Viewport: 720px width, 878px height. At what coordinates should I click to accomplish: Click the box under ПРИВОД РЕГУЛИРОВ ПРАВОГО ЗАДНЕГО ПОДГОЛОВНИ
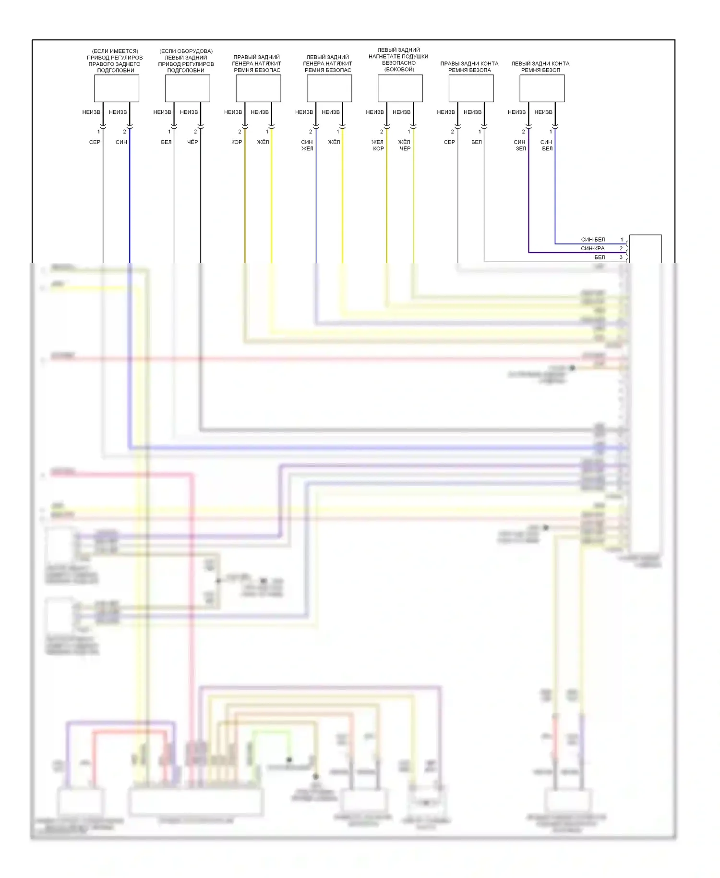(117, 88)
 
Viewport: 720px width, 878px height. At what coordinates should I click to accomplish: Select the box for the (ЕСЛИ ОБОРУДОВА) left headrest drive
(188, 88)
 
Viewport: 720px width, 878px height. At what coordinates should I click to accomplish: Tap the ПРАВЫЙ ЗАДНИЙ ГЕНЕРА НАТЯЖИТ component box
(258, 88)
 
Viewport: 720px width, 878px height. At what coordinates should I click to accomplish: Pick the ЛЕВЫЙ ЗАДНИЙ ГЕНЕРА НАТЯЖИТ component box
(329, 88)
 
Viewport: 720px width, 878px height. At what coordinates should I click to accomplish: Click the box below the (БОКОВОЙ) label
(400, 88)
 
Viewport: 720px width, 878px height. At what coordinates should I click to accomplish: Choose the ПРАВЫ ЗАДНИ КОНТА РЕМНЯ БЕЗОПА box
(471, 88)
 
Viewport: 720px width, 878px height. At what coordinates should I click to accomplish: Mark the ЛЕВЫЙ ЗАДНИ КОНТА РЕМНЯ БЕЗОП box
(542, 88)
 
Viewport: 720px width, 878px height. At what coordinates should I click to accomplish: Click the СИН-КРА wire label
(593, 248)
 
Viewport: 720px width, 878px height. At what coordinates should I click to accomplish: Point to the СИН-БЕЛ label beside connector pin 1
(593, 240)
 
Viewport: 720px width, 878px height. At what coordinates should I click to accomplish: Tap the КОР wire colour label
(237, 142)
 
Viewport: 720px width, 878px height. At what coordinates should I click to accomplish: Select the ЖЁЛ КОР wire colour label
(378, 145)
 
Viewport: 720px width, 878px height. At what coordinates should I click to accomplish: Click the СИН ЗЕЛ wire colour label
(520, 145)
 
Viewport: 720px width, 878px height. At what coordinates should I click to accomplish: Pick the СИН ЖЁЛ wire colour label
(307, 145)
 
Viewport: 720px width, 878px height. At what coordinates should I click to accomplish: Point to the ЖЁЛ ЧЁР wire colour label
(405, 145)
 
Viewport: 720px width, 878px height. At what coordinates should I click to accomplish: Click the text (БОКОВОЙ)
(399, 70)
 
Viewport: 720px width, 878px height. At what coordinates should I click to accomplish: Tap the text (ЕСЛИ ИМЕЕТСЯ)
(115, 51)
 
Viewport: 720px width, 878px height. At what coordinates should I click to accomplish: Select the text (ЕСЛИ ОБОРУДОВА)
(186, 51)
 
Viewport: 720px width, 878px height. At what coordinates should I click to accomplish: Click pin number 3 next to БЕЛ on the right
(621, 257)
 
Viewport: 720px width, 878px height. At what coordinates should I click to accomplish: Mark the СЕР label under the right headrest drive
(95, 142)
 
